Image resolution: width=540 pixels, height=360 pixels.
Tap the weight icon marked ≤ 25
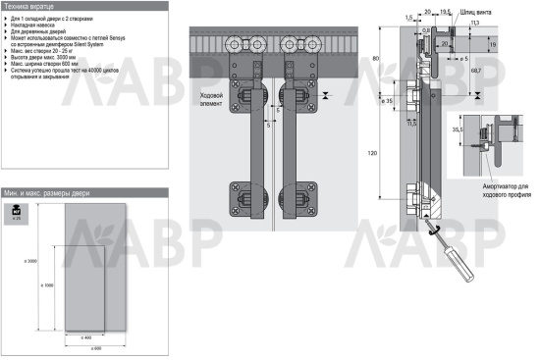[x=18, y=212]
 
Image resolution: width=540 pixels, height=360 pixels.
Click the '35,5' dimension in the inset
[x=459, y=128]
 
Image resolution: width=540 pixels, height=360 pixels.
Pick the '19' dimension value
[x=519, y=44]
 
